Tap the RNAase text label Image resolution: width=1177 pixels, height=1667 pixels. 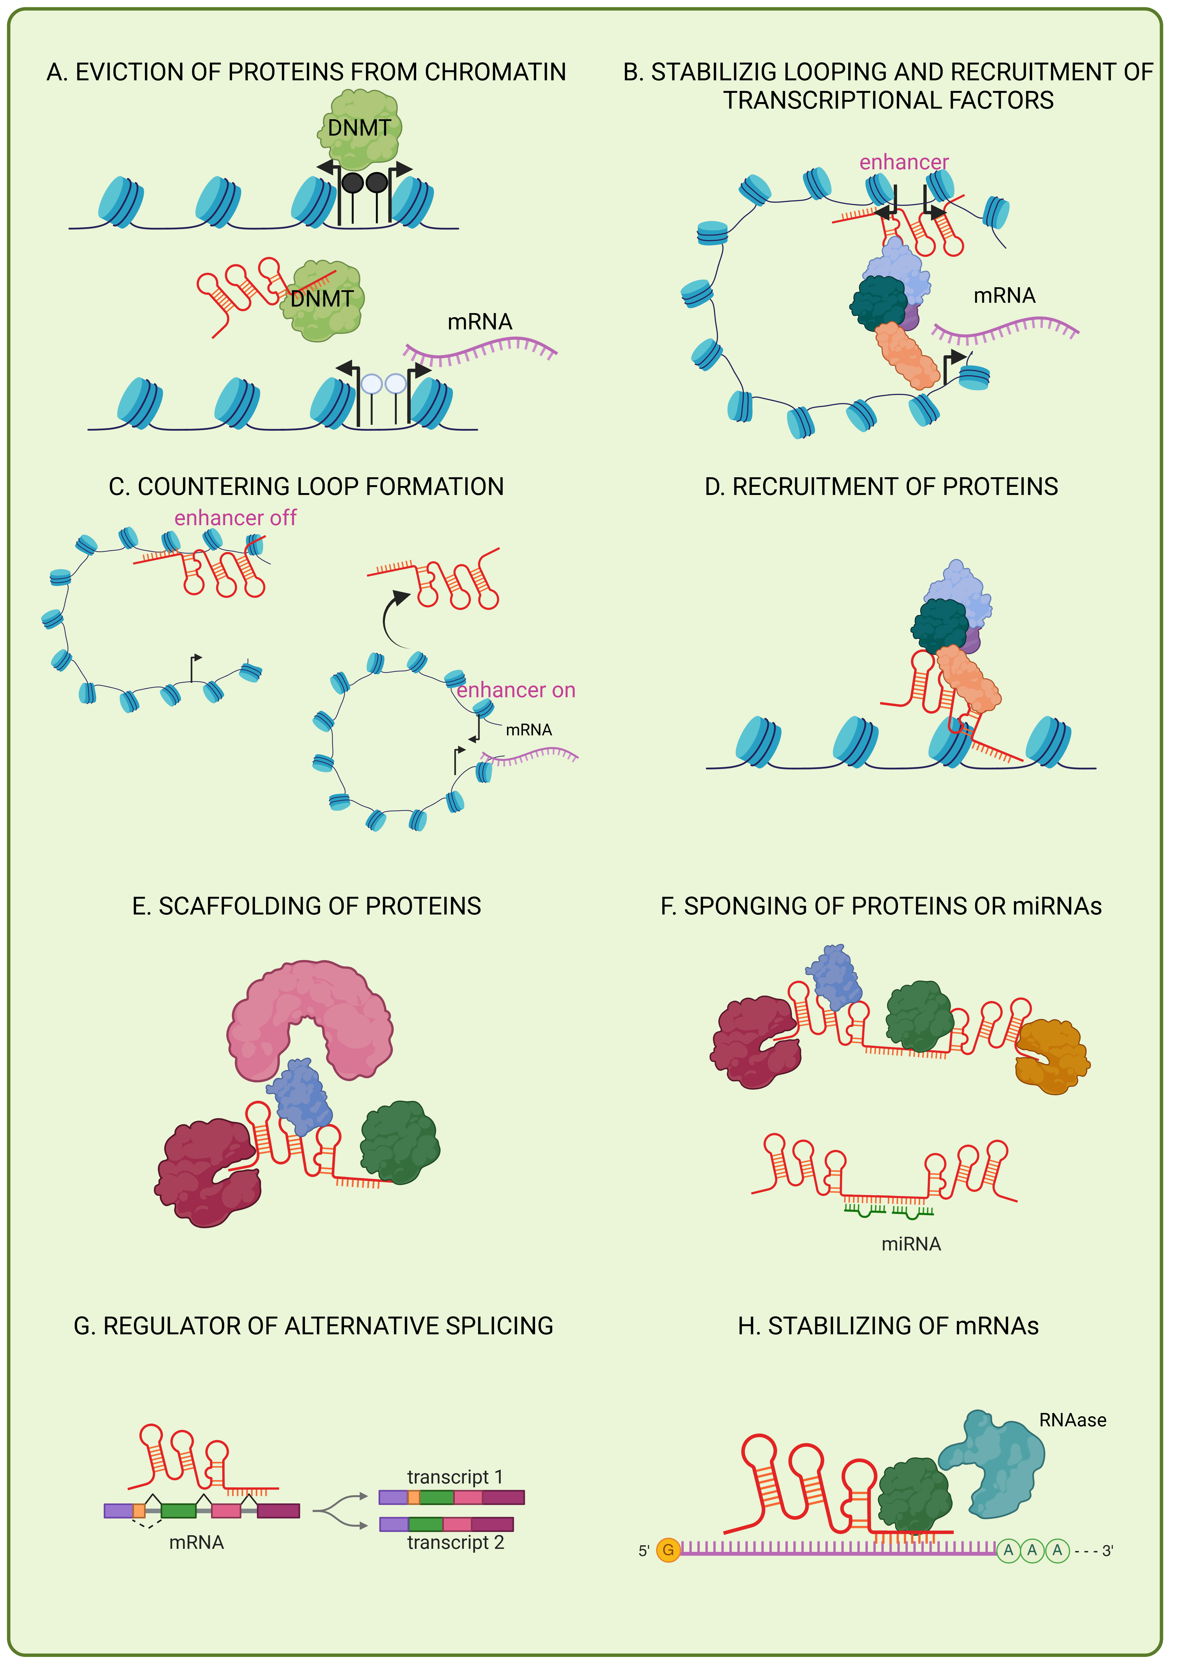click(1072, 1420)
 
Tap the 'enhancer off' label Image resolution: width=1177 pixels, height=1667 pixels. click(235, 518)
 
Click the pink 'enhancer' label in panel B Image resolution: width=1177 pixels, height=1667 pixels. click(904, 163)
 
